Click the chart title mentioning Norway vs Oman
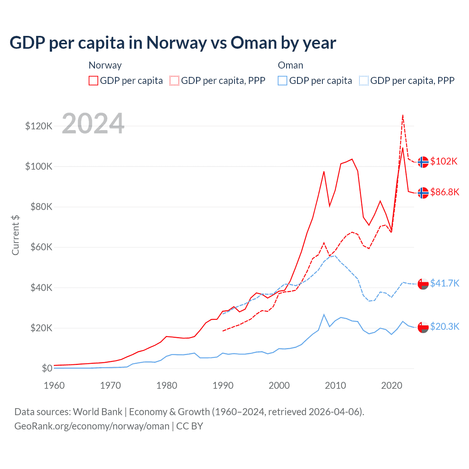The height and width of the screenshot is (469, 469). click(173, 43)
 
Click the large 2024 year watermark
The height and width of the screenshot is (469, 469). click(93, 123)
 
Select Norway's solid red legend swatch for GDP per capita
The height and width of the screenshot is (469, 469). click(93, 81)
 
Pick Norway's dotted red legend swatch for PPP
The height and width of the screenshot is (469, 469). click(174, 81)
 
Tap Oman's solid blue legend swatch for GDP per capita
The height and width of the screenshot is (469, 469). click(282, 81)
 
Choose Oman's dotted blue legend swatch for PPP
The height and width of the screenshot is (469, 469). click(364, 81)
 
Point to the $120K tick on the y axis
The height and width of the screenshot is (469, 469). click(39, 126)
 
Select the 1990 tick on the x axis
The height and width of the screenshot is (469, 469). click(223, 385)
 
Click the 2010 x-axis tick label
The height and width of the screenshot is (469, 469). click(335, 385)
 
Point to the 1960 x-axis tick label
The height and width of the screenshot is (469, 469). click(54, 385)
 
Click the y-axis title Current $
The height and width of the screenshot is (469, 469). click(15, 235)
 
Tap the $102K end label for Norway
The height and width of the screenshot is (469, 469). click(444, 161)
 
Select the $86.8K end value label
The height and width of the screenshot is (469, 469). click(444, 192)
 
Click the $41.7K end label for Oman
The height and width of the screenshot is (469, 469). click(444, 283)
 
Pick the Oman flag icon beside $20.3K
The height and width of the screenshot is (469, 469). click(423, 327)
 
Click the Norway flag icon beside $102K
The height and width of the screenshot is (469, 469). click(423, 162)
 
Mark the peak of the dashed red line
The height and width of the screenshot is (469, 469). click(403, 115)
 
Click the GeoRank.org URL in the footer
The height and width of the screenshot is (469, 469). click(92, 426)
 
